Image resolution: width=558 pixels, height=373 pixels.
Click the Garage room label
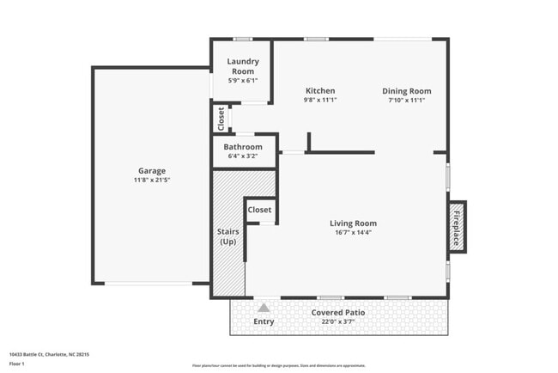tap(152, 170)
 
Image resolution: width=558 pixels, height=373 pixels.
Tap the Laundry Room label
tap(243, 66)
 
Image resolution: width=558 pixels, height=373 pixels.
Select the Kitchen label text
tap(319, 90)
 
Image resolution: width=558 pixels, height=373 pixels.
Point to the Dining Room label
tap(406, 90)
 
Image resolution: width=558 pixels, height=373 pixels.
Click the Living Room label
tap(353, 223)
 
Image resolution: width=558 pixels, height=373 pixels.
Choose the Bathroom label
tap(243, 147)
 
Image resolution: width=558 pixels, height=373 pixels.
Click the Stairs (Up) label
tap(227, 236)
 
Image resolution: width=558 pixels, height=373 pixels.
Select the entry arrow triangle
tap(264, 307)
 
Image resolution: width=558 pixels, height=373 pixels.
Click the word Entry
tap(264, 321)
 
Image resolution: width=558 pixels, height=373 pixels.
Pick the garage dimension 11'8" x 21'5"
tap(152, 180)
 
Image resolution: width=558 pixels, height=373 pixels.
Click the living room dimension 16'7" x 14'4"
tap(353, 232)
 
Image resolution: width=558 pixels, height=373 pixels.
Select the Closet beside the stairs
tap(259, 210)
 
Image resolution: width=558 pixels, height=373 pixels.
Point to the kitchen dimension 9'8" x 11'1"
tap(319, 100)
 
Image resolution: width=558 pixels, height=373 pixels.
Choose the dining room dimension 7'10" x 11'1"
tap(406, 100)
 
